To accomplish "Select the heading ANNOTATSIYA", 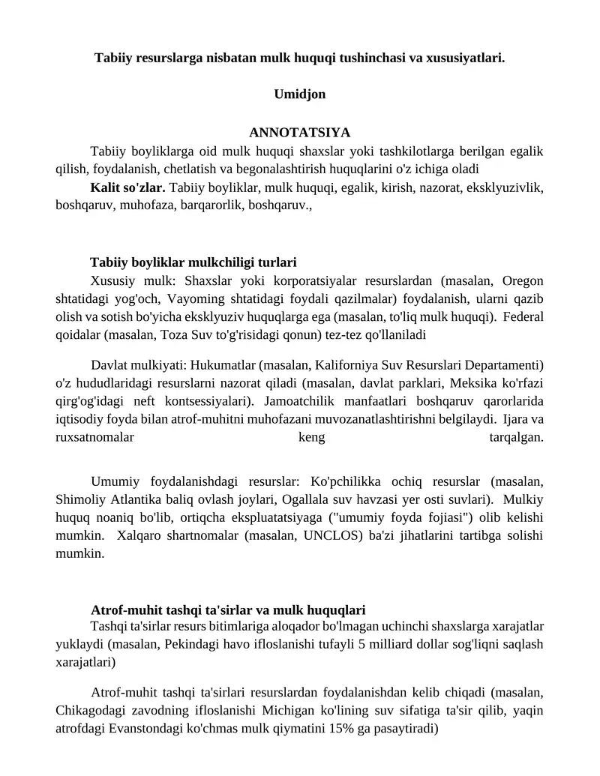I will pyautogui.click(x=299, y=133).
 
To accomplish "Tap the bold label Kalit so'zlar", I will pyautogui.click(x=127, y=187).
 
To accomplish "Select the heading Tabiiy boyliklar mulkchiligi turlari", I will pyautogui.click(x=193, y=262).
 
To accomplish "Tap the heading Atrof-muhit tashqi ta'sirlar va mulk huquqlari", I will pyautogui.click(x=228, y=610).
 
